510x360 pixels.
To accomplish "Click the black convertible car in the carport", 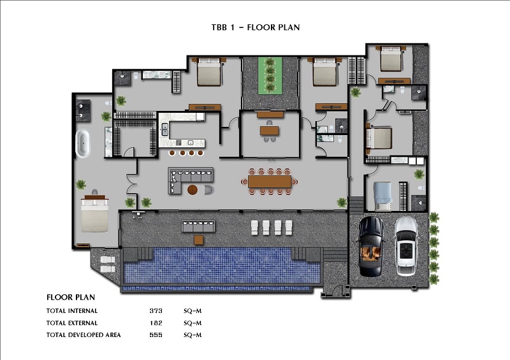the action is pyautogui.click(x=371, y=247).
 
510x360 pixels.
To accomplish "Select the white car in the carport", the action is pyautogui.click(x=406, y=247).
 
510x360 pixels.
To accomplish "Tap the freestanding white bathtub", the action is pyautogui.click(x=83, y=144).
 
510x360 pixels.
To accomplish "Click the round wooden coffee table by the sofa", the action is pyautogui.click(x=193, y=190).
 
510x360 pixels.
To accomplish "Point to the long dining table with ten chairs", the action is pyautogui.click(x=270, y=182).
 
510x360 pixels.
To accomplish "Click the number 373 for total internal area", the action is pyautogui.click(x=156, y=310).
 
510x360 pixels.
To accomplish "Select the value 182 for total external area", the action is pyautogui.click(x=156, y=323).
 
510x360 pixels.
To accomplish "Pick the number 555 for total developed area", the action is pyautogui.click(x=156, y=335).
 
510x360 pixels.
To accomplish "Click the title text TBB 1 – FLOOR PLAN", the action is pyautogui.click(x=256, y=27).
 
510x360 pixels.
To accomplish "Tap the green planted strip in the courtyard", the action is pyautogui.click(x=270, y=76).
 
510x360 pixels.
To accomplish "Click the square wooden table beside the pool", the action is pyautogui.click(x=198, y=240).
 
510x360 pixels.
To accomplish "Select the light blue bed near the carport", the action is pyautogui.click(x=382, y=196).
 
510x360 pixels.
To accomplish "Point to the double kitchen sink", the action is pyautogui.click(x=165, y=129).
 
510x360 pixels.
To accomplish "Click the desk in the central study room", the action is pyautogui.click(x=269, y=131).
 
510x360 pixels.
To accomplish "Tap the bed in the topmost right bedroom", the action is pyautogui.click(x=391, y=59).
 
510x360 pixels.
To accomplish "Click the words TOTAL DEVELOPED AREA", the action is pyautogui.click(x=84, y=335).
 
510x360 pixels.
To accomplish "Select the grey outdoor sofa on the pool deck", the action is pyautogui.click(x=198, y=226).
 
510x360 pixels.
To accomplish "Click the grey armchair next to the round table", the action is pyautogui.click(x=209, y=190).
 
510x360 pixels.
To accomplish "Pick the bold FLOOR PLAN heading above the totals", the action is pyautogui.click(x=71, y=297).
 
